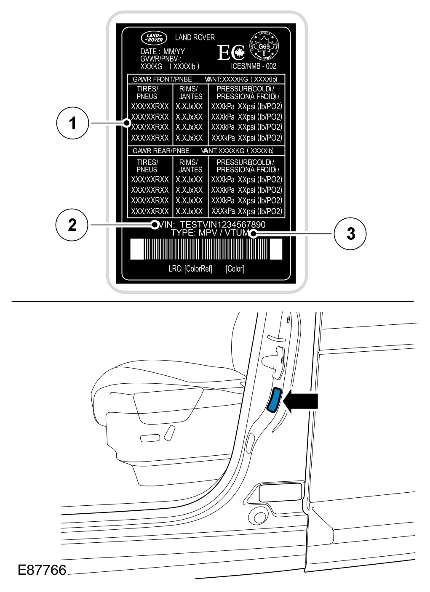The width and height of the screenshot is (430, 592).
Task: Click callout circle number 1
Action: click(73, 123)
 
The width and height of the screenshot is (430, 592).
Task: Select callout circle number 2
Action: click(73, 225)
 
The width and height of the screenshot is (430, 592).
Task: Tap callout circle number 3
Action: click(350, 234)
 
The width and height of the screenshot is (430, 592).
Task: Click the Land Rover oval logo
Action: click(153, 38)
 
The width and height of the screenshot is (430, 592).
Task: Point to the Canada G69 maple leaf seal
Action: click(264, 46)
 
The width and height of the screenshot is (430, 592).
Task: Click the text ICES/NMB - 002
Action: click(254, 66)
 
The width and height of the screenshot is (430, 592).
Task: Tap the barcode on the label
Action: click(206, 249)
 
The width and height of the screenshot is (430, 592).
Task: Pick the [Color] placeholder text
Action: click(235, 269)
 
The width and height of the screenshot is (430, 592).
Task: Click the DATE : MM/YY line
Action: click(163, 51)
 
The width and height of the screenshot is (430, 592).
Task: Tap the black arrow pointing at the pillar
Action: click(302, 400)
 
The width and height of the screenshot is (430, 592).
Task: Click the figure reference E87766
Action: click(42, 570)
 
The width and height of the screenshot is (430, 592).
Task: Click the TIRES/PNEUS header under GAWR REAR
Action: click(147, 166)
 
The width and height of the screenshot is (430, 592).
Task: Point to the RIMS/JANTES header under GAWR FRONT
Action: click(191, 93)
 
